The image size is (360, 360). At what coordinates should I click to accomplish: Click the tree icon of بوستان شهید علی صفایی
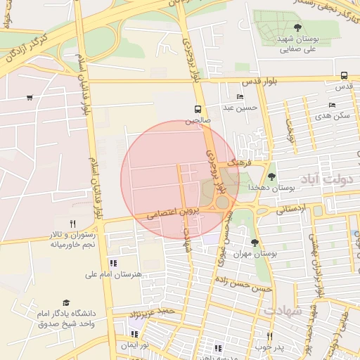297,27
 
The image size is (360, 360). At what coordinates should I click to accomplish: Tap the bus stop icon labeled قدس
344,75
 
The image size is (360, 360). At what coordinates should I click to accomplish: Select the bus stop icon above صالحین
198,110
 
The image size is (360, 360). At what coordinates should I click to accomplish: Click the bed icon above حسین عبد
240,97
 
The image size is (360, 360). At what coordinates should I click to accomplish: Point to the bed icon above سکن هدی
333,105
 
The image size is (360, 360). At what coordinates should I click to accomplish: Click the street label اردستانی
291,209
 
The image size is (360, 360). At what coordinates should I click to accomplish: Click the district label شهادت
283,309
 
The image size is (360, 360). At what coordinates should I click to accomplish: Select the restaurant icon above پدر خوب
269,336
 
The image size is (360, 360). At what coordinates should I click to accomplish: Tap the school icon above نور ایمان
134,334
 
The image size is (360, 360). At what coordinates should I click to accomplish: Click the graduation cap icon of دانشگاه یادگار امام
67,302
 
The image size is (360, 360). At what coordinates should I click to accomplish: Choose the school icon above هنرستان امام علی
113,263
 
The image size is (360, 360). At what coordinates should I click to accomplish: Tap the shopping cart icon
29,98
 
